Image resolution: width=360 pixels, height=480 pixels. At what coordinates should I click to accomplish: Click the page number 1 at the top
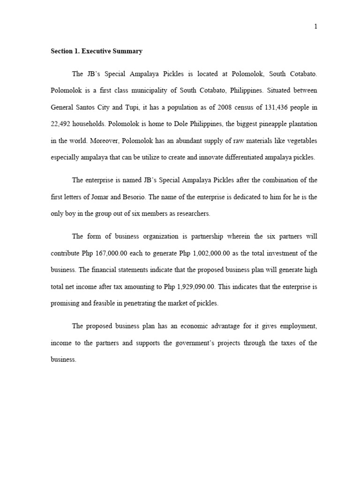click(316, 27)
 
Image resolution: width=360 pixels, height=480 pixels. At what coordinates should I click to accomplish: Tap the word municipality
click(170, 90)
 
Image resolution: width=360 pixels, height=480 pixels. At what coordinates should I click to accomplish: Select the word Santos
click(97, 107)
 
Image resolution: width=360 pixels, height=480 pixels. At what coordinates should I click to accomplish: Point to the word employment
click(297, 326)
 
